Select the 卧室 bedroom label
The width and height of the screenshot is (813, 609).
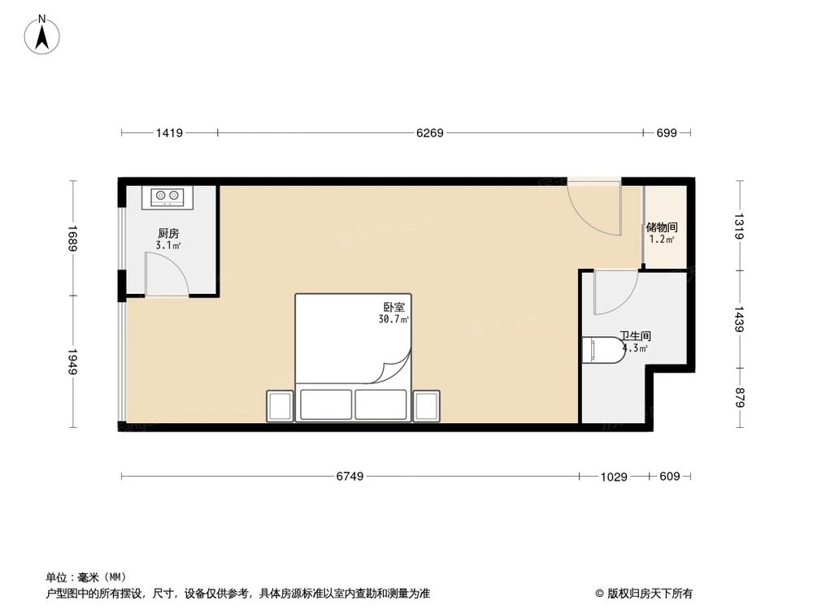pos(394,308)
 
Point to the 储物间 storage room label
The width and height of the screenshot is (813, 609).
pos(661,227)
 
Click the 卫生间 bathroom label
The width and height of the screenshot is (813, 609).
pos(634,335)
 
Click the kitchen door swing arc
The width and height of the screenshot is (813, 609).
pos(167,274)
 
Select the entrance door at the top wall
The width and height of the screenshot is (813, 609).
pos(593,207)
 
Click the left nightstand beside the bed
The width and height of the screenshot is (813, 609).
pos(279,404)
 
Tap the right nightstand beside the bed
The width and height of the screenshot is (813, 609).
pos(426,404)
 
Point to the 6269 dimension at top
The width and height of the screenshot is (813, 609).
pos(429,132)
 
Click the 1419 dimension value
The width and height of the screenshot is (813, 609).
pos(169,132)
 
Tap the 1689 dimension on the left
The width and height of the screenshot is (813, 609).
pos(73,239)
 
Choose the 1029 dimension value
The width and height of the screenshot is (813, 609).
pos(615,477)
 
